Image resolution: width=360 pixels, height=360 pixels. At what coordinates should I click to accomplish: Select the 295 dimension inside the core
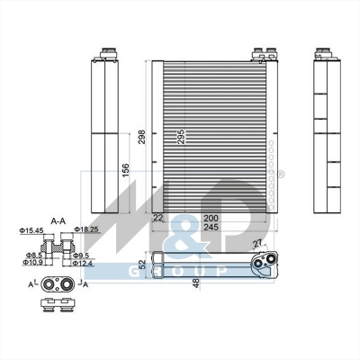tap(182, 137)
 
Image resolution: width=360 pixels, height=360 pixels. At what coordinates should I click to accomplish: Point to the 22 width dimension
tap(158, 218)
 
